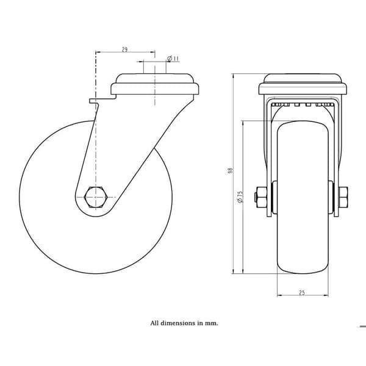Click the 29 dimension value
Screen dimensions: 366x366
pyautogui.click(x=124, y=49)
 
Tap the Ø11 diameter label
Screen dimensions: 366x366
pyautogui.click(x=173, y=59)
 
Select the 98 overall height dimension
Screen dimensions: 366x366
pyautogui.click(x=231, y=170)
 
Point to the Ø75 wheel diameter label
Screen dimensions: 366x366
pyautogui.click(x=240, y=197)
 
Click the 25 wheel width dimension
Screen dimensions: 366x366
pyautogui.click(x=302, y=293)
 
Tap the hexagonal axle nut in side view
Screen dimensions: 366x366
pyautogui.click(x=96, y=197)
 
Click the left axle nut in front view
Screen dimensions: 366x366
pyautogui.click(x=261, y=197)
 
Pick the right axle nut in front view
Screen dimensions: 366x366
pyautogui.click(x=343, y=197)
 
